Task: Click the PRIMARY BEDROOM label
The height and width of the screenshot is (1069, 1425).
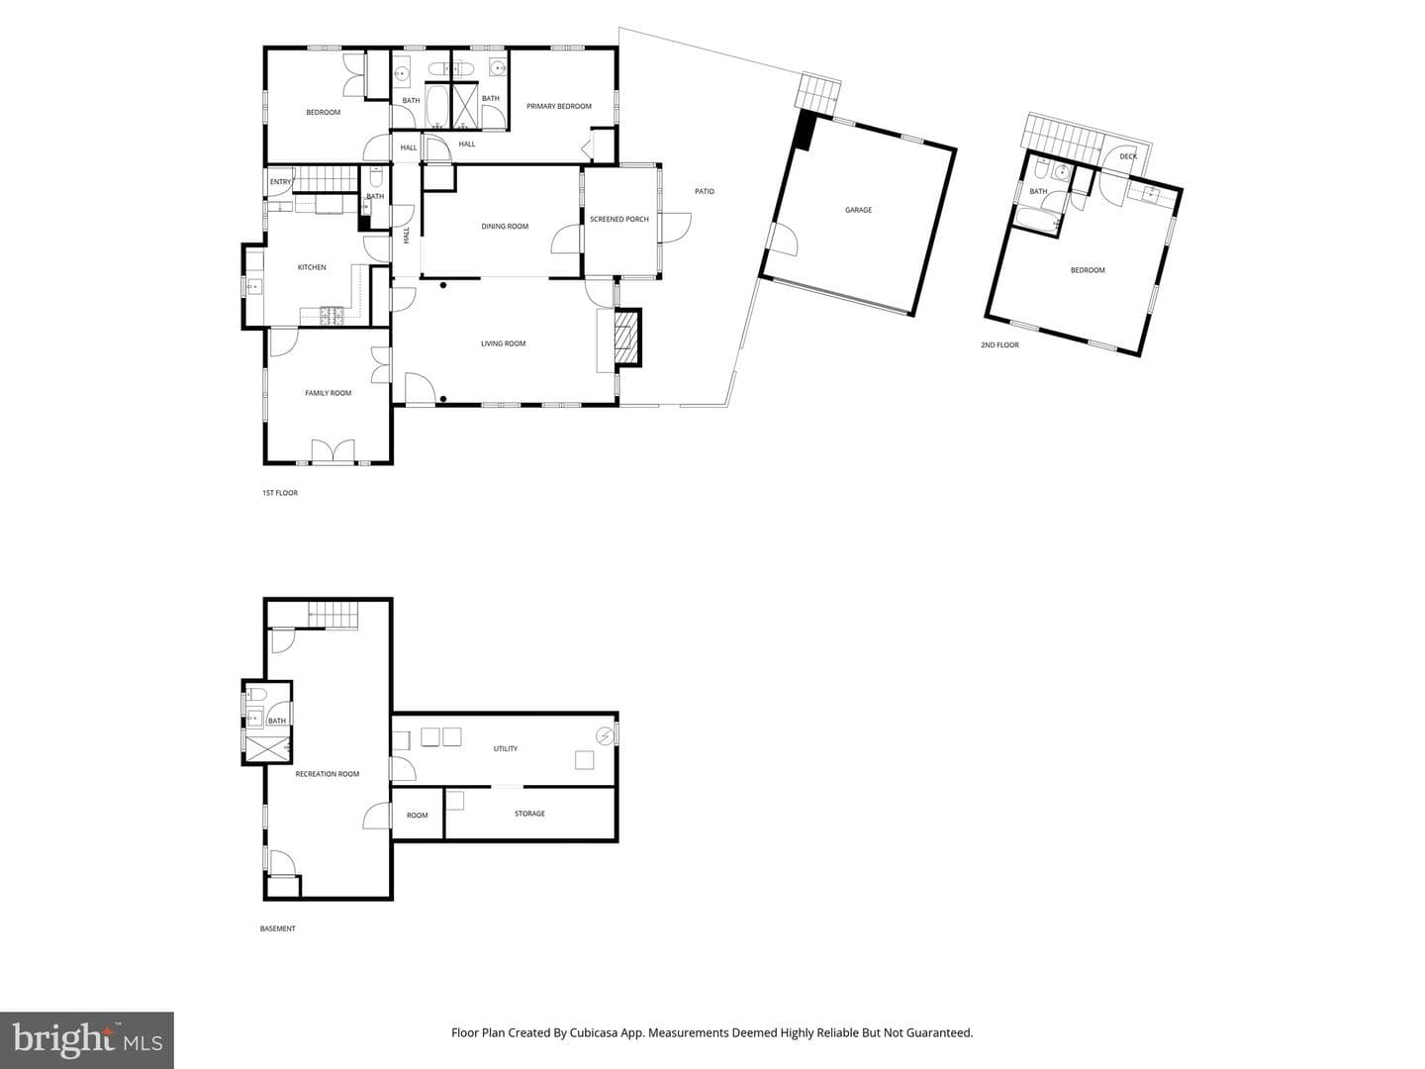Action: click(558, 107)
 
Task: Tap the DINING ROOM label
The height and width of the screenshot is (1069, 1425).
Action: click(505, 227)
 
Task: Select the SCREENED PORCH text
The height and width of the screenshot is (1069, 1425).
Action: click(618, 220)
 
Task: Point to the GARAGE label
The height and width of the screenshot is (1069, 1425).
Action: click(858, 210)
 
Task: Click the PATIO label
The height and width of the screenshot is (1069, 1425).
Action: click(705, 191)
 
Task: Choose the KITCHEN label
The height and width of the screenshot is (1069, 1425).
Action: click(312, 267)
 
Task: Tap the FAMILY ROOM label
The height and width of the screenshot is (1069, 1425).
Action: click(328, 393)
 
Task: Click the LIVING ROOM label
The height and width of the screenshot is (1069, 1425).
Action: click(503, 344)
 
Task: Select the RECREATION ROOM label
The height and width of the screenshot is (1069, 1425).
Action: click(327, 774)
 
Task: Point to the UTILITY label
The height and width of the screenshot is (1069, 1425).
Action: click(505, 749)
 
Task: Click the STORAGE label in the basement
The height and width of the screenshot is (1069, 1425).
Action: click(529, 814)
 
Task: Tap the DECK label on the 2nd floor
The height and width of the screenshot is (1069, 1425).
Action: click(1128, 157)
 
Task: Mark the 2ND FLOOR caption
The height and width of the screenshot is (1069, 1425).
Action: click(999, 345)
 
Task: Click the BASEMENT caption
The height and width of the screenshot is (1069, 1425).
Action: click(277, 928)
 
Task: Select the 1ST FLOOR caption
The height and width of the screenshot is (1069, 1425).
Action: click(280, 493)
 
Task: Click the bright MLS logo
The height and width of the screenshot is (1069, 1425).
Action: click(86, 1040)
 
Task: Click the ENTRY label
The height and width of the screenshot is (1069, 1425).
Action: click(280, 182)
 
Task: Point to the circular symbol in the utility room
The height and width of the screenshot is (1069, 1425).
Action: click(605, 736)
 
